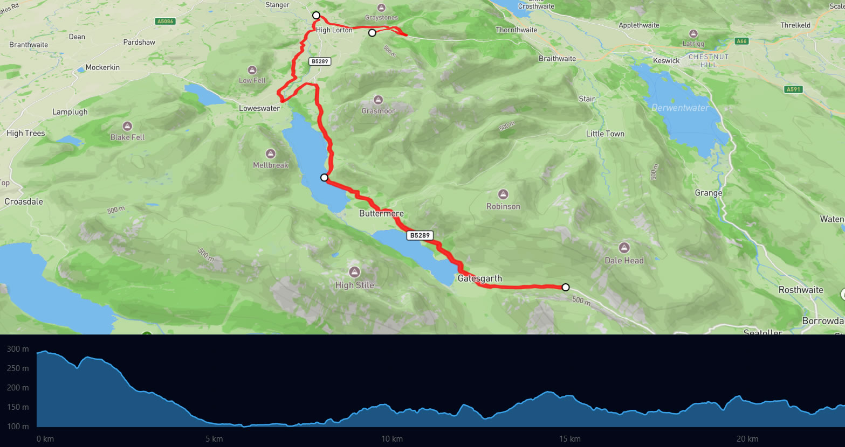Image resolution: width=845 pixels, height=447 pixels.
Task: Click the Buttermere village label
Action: click(381, 214)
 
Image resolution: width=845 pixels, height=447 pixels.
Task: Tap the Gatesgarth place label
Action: click(479, 278)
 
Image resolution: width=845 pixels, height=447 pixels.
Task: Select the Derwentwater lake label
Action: click(680, 108)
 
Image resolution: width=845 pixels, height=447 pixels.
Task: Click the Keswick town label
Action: click(666, 61)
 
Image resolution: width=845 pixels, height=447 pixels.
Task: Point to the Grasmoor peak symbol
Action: click(378, 100)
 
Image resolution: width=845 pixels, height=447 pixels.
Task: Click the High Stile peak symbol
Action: click(354, 272)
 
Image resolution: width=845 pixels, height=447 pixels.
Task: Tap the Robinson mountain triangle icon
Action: click(503, 194)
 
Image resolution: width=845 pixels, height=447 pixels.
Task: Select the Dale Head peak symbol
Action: click(624, 248)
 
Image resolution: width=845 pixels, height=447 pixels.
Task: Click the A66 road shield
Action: click(741, 41)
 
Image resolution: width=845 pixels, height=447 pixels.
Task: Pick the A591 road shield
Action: click(793, 89)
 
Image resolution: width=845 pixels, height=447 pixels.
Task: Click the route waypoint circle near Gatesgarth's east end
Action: click(565, 287)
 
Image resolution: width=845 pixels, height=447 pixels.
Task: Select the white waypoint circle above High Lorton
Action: click(317, 15)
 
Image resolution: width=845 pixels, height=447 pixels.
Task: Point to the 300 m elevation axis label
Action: click(18, 349)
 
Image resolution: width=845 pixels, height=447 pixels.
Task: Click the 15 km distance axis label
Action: click(569, 439)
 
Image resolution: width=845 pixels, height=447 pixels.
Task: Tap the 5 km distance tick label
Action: click(214, 439)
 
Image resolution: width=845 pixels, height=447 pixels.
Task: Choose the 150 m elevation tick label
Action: click(18, 407)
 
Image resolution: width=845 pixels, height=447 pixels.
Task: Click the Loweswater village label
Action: click(259, 108)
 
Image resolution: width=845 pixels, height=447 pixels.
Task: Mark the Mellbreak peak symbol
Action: click(271, 154)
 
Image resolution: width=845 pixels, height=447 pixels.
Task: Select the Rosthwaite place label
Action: click(801, 290)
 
